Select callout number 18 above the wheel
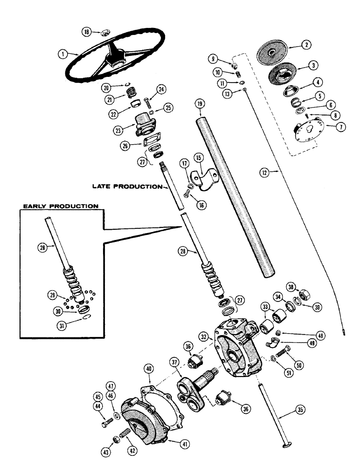86,32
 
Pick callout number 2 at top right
306,45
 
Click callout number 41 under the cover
185,445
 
